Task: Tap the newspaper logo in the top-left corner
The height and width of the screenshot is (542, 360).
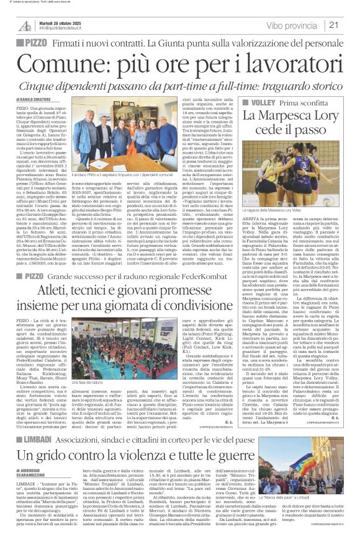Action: [24, 25]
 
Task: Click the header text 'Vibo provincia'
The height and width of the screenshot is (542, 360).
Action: [292, 25]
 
